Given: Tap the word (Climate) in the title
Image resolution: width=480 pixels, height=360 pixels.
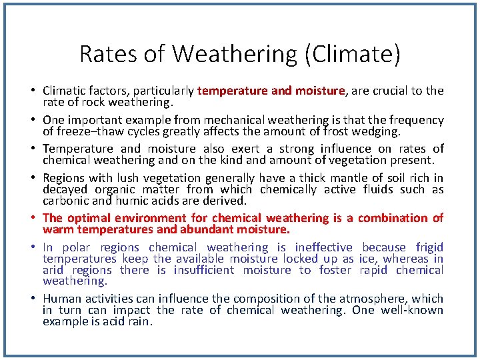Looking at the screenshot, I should point(353,54).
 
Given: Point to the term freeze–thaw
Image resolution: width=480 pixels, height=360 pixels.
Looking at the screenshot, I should point(80,132).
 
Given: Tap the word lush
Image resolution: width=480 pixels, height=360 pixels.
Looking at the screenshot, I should point(127,178).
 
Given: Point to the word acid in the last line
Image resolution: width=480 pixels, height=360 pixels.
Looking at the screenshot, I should point(108,322).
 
